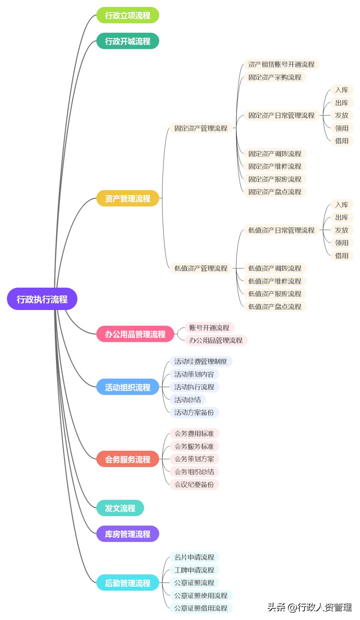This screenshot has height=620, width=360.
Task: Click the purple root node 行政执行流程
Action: click(x=42, y=299)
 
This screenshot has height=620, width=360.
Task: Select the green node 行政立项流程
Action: click(x=128, y=15)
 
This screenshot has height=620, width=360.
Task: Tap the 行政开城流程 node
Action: click(x=128, y=41)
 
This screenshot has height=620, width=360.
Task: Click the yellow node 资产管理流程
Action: click(x=128, y=198)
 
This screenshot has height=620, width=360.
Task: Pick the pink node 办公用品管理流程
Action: click(x=135, y=334)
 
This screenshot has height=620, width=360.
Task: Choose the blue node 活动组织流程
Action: click(x=128, y=387)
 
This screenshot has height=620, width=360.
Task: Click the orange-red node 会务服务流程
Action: click(x=128, y=459)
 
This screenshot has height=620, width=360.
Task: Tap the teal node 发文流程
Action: click(x=120, y=508)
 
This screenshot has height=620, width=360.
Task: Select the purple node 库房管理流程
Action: click(x=128, y=534)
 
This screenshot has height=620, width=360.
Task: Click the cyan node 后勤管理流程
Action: click(x=128, y=583)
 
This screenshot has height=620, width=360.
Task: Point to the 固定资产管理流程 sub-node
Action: click(x=201, y=128)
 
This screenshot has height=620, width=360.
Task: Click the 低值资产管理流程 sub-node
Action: click(x=201, y=268)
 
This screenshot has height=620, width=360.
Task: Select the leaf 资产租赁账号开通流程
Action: click(x=281, y=64)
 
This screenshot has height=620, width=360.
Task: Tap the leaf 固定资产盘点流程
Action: click(x=275, y=192)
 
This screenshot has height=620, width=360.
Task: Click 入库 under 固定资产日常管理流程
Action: click(x=342, y=90)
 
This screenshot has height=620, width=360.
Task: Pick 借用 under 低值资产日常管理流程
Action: click(x=342, y=256)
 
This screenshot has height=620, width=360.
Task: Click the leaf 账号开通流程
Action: click(x=209, y=328)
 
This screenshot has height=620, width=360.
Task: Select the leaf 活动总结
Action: click(x=188, y=400)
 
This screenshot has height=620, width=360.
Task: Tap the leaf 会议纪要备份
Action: click(x=194, y=484)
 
